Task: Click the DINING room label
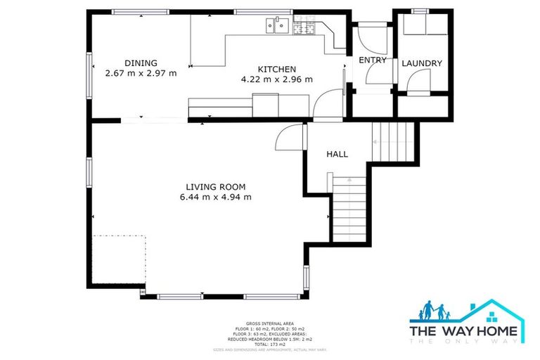coord(141,63)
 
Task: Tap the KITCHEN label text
coord(276,69)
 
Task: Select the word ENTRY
coord(373,60)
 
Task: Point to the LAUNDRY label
coord(422,63)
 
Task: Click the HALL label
coord(337,154)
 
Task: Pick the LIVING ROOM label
coord(215,186)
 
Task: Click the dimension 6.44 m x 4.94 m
coord(215,197)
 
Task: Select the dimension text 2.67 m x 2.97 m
coord(141,72)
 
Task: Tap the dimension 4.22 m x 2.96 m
coord(276,79)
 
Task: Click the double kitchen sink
coord(277,27)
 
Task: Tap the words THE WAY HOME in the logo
coord(464,330)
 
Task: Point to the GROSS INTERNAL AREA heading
coord(269,319)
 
